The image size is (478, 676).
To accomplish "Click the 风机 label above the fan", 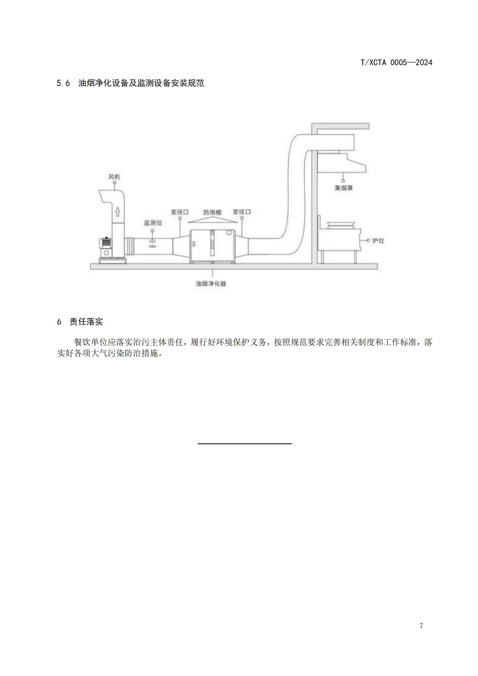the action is (x=114, y=177).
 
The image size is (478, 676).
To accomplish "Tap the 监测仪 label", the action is (x=153, y=223).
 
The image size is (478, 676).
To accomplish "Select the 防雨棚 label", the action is (x=212, y=212).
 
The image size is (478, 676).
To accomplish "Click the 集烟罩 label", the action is (x=344, y=188).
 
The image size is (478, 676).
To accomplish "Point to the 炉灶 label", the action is (x=378, y=240).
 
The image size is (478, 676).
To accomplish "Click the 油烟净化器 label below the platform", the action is (x=211, y=284).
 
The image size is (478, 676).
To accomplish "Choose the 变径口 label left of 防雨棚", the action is (x=180, y=212).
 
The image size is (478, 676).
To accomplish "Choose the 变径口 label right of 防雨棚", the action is (x=242, y=212).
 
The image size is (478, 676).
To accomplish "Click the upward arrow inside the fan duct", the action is (x=118, y=211).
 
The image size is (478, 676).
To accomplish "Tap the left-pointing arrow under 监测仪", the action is (x=153, y=246).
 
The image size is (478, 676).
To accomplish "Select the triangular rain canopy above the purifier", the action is (x=212, y=220).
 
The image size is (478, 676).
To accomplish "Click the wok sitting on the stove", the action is (x=341, y=225).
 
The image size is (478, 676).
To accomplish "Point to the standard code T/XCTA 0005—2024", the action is (x=397, y=62).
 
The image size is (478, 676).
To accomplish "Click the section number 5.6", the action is (x=63, y=83).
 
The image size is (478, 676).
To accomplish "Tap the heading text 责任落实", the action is (x=86, y=321).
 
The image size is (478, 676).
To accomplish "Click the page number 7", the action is (x=421, y=626).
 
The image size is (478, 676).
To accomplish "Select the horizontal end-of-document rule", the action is (x=244, y=443).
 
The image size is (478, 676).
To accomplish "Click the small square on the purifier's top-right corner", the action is (x=229, y=233).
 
